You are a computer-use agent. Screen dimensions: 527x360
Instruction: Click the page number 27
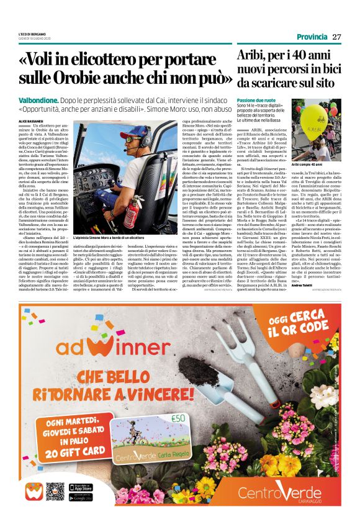pos(336,37)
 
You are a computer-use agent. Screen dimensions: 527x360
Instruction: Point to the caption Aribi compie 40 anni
pos(304,164)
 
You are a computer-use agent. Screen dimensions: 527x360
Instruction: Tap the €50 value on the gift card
pos(161,417)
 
